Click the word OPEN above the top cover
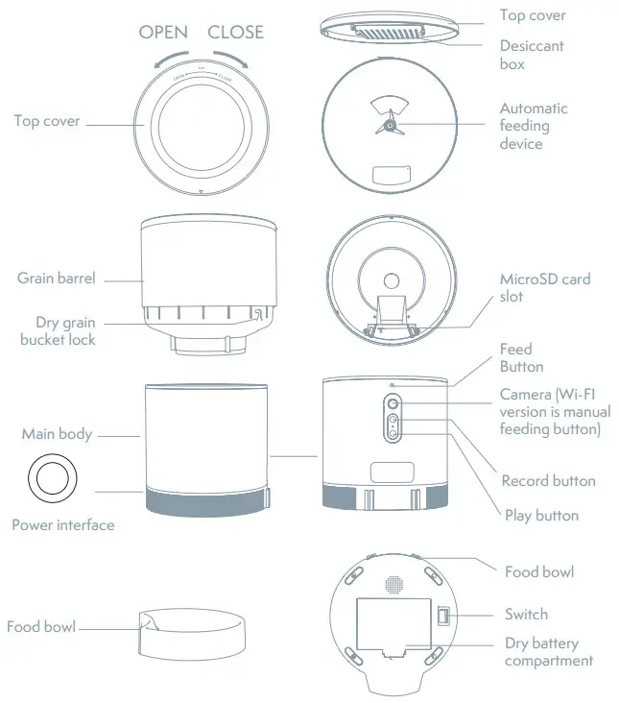point(163,32)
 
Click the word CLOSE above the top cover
point(235,32)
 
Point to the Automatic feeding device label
point(534,126)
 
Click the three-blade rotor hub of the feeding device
point(390,125)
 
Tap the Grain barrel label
point(57,279)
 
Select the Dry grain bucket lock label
point(59,331)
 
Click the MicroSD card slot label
point(544,287)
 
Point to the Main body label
point(57,434)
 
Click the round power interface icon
point(47,477)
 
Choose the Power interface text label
point(62,525)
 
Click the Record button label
point(548,480)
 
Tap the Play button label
point(541,515)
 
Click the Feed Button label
point(521,357)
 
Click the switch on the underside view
point(442,615)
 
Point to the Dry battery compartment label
point(548,651)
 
